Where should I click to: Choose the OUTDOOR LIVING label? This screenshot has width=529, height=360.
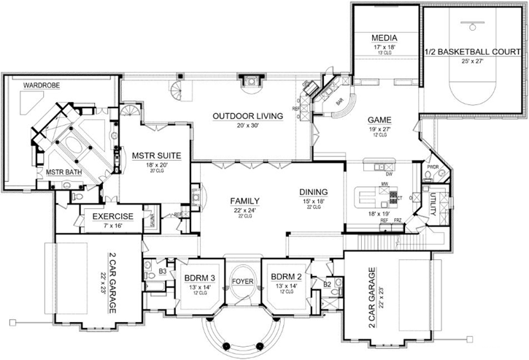point(244,116)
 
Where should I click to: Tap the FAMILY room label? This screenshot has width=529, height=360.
point(244,201)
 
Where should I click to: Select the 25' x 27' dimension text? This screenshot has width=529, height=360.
point(472,61)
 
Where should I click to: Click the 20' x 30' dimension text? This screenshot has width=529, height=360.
point(244,126)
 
